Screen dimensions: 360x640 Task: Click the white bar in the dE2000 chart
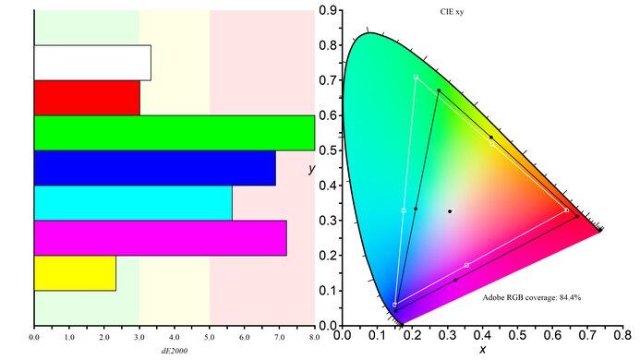point(92,63)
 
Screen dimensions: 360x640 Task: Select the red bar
point(87,98)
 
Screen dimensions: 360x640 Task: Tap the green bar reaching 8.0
point(174,133)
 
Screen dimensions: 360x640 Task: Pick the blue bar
point(154,168)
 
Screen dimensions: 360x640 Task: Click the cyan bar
point(133,203)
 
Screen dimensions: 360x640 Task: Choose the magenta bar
point(160,238)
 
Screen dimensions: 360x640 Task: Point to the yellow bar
point(75,273)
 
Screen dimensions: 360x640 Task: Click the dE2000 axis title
point(174,352)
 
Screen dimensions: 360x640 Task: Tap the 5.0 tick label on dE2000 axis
point(210,339)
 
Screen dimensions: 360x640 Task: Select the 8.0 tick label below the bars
point(314,339)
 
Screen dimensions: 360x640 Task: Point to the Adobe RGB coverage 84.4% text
point(531,297)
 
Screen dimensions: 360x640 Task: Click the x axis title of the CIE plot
point(482,350)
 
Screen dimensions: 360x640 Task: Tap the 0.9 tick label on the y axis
point(326,10)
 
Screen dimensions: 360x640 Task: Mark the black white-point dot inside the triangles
point(450,211)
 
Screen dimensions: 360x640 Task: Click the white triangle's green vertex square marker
point(417,77)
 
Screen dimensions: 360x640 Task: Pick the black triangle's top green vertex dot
point(439,90)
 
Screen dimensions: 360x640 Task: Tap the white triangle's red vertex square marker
point(566,210)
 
